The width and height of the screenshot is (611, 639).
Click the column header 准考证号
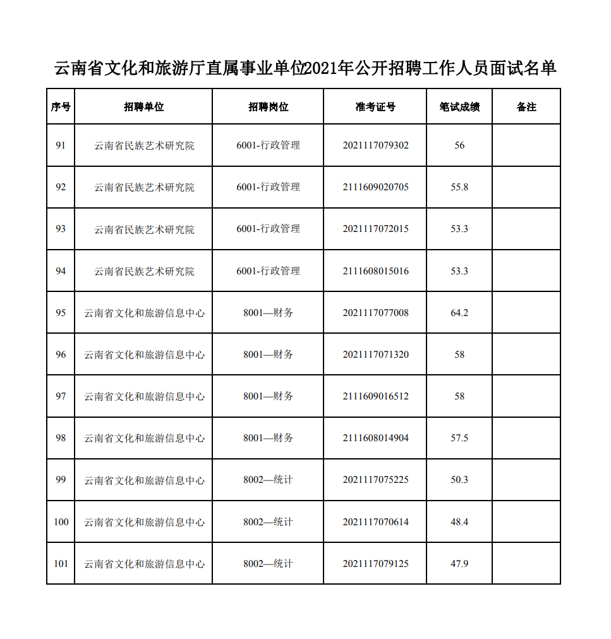(x=375, y=107)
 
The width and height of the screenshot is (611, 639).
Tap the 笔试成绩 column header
(x=459, y=107)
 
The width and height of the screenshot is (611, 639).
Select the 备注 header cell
(x=526, y=107)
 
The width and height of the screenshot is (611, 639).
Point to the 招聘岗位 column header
(x=268, y=107)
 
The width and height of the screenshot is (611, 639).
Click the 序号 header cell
(x=61, y=107)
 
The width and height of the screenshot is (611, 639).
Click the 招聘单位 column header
(x=143, y=107)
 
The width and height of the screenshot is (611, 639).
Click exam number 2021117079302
(x=375, y=145)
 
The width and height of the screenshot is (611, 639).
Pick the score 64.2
(x=459, y=313)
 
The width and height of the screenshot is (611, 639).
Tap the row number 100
(x=61, y=522)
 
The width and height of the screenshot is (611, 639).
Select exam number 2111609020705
(x=375, y=187)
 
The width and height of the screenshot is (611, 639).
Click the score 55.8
(x=459, y=187)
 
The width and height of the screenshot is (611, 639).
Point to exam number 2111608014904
(x=375, y=438)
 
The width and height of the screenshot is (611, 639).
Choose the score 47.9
(x=459, y=564)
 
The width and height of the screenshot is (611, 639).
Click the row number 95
(x=61, y=313)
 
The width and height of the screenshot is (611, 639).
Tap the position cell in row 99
(x=268, y=480)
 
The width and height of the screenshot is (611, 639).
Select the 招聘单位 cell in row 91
(x=144, y=145)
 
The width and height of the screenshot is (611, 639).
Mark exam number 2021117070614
(x=375, y=522)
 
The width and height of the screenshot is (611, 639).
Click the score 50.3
(x=459, y=480)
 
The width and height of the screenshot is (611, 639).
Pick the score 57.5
(x=459, y=438)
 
